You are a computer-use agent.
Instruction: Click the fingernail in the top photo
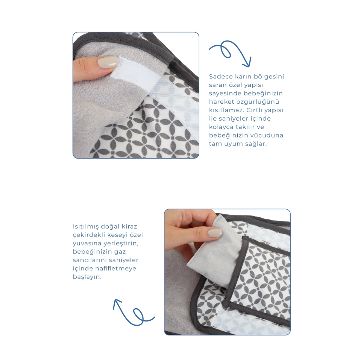[108, 62]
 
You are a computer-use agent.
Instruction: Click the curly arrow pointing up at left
[134, 312]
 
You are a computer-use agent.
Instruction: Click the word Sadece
[221, 76]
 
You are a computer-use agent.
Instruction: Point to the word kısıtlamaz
[227, 110]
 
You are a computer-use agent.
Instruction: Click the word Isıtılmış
[86, 227]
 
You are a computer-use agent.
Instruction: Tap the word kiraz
[129, 226]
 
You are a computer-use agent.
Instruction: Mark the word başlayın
[87, 277]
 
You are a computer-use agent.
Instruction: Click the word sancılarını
[90, 260]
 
